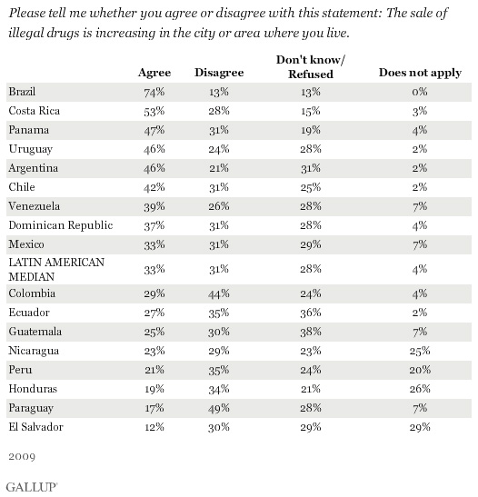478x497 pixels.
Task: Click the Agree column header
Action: point(154,73)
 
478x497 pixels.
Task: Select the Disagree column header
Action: point(219,73)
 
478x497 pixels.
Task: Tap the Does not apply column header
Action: point(420,73)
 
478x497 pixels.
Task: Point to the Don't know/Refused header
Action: point(311,67)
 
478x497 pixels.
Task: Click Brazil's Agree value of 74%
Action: point(154,93)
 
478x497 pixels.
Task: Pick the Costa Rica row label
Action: point(35,111)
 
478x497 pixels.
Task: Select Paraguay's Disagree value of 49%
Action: point(219,408)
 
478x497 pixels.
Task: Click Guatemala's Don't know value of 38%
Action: point(311,332)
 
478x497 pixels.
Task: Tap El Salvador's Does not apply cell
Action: point(420,427)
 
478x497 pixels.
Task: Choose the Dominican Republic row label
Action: point(61,225)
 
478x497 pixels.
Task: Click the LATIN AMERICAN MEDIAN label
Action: point(56,270)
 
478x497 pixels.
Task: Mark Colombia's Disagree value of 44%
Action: point(219,293)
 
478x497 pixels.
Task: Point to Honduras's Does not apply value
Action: point(420,389)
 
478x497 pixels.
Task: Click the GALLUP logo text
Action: point(32,487)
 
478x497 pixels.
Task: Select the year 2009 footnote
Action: point(22,456)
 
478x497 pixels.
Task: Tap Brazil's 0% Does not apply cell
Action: point(420,92)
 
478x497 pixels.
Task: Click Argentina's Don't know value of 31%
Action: point(311,168)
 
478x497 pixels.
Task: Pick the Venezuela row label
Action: point(35,206)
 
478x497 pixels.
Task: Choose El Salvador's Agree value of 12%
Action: point(154,427)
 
